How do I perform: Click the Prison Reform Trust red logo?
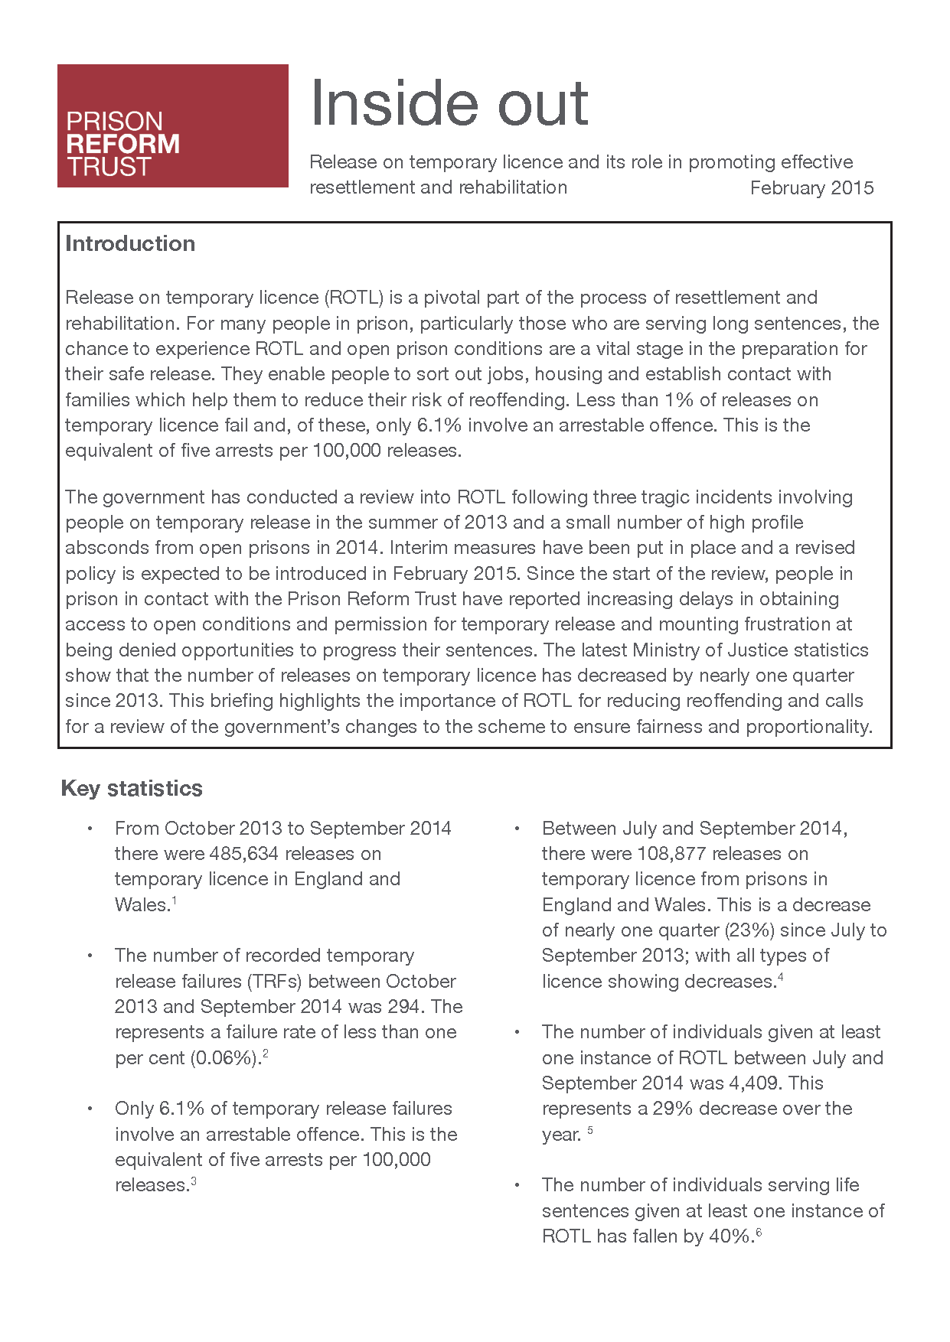[x=172, y=125]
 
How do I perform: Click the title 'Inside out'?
[x=449, y=103]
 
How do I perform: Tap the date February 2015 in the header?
[x=811, y=188]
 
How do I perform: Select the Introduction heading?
[x=130, y=243]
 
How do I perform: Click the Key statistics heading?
[x=132, y=788]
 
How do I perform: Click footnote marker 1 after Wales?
[x=175, y=901]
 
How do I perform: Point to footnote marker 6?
[x=759, y=1232]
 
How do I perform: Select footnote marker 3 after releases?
[x=194, y=1181]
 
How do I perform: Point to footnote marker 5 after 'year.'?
[x=590, y=1130]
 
